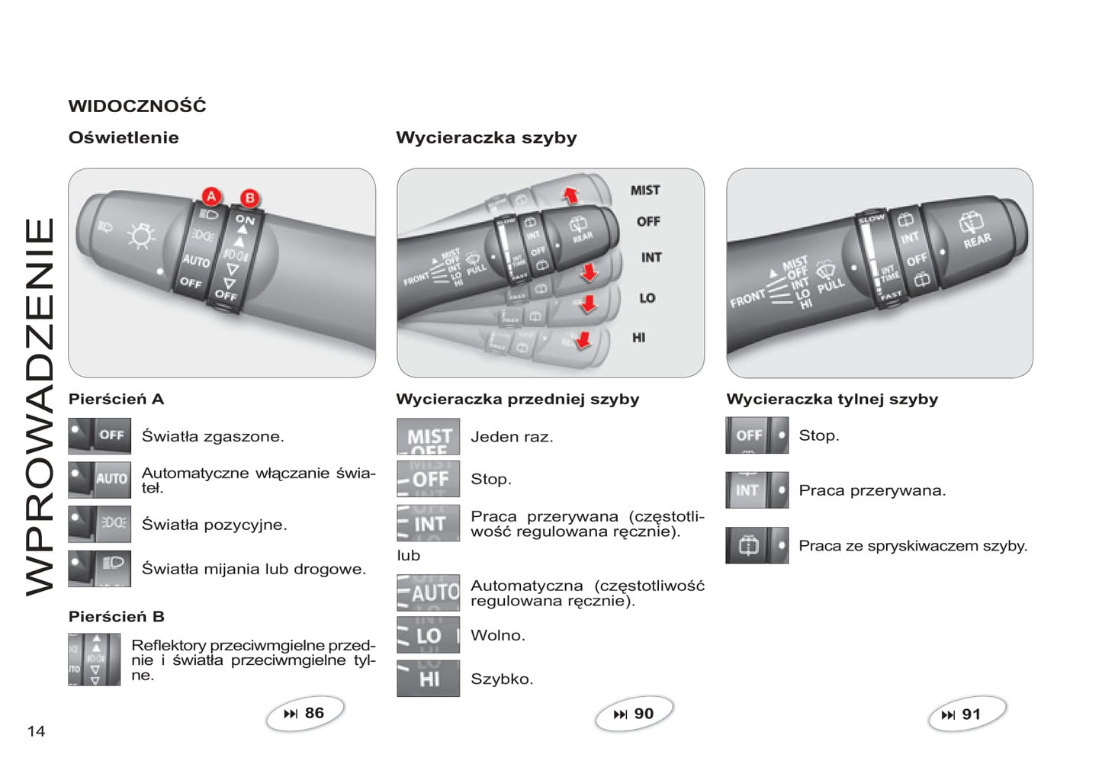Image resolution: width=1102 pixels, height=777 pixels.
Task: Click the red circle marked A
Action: click(x=211, y=197)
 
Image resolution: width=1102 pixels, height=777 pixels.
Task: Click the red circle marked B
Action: click(x=249, y=198)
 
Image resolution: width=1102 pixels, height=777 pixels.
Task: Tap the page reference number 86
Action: click(x=313, y=713)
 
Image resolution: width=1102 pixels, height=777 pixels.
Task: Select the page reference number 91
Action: click(x=970, y=714)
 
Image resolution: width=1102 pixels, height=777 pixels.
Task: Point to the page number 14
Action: click(x=36, y=731)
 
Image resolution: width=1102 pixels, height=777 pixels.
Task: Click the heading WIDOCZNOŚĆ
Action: click(x=137, y=106)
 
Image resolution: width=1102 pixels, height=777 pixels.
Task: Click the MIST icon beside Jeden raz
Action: click(x=428, y=437)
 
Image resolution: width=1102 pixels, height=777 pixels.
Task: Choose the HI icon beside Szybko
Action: click(x=428, y=679)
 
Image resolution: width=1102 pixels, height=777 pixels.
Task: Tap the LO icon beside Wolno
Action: click(x=428, y=635)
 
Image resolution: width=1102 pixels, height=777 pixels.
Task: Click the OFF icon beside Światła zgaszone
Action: click(x=99, y=436)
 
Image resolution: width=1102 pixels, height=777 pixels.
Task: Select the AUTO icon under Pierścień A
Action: click(x=99, y=480)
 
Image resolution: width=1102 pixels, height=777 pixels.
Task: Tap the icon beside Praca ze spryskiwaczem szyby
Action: click(x=757, y=546)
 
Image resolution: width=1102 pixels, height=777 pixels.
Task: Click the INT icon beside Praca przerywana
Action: click(x=757, y=490)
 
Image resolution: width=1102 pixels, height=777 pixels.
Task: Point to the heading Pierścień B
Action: click(x=117, y=616)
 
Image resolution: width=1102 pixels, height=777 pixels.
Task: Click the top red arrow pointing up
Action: click(x=570, y=194)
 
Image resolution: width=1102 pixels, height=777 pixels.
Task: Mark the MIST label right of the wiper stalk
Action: click(x=645, y=191)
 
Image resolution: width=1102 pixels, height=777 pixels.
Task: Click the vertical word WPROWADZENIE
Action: click(x=40, y=406)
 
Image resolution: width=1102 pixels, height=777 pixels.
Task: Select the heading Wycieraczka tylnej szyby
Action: click(x=832, y=399)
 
